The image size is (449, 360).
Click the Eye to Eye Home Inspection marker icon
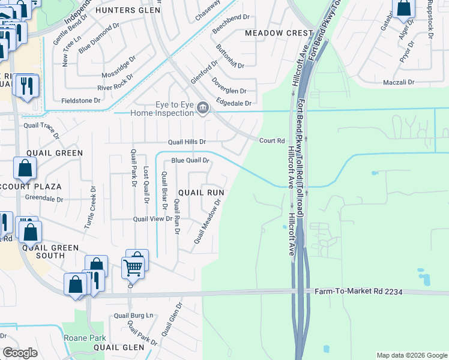[203, 108]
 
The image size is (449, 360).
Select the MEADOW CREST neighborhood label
[279, 33]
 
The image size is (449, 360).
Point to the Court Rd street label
[271, 141]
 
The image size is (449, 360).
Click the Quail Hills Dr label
[187, 142]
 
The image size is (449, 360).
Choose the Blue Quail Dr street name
[190, 161]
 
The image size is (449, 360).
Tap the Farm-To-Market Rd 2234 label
[358, 292]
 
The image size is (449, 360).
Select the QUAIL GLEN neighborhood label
[118, 347]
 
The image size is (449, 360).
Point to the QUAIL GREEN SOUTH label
[43, 251]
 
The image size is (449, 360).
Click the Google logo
[20, 353]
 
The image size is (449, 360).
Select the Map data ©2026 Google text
[412, 355]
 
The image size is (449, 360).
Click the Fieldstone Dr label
[81, 101]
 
